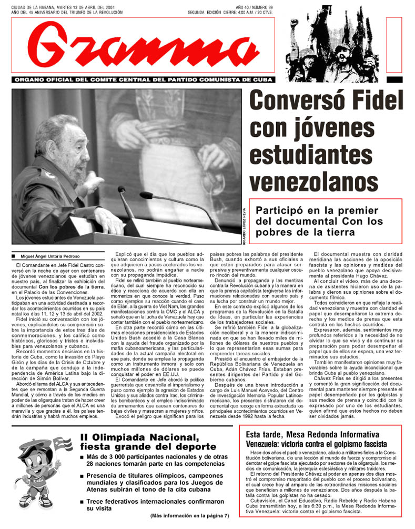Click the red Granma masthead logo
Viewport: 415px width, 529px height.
coord(142,45)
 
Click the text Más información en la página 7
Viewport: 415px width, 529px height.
coord(190,515)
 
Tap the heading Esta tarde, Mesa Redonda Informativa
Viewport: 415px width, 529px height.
coord(312,434)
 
